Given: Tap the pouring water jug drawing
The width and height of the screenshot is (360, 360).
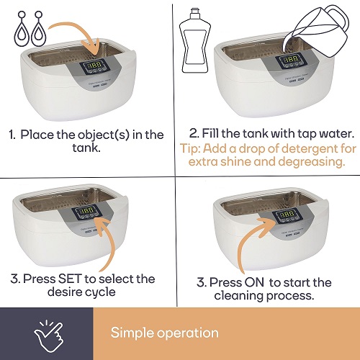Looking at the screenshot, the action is pos(316,31).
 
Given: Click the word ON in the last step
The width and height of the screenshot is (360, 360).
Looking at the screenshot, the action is pos(251,282).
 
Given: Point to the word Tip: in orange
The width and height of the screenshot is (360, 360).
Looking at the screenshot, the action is pos(190,149).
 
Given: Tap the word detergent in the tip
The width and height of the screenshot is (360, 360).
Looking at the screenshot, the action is pos(304,149).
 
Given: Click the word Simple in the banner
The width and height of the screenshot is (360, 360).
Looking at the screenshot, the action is pos(132,333).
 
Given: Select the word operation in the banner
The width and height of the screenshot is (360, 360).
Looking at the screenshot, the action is pos(188,333).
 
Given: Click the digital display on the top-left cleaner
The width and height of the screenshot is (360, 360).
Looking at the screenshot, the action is pos(94,65).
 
